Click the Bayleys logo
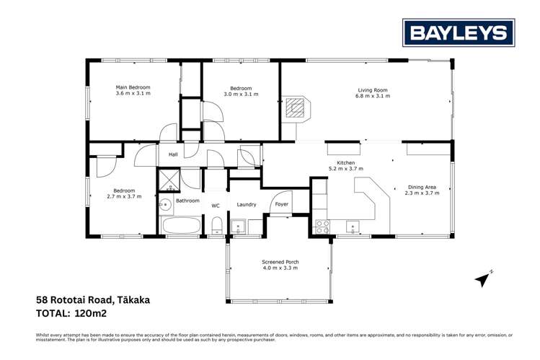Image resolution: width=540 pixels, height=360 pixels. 459,33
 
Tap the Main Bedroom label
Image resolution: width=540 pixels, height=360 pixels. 133,87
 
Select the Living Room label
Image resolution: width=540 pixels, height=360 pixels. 373,90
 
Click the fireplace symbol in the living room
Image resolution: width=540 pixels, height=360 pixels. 295,108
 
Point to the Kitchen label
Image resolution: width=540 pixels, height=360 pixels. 346,162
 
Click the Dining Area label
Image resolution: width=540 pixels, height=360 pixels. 422,187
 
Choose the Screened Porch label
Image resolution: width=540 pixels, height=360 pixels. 280,261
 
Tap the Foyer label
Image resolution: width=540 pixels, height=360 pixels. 282,204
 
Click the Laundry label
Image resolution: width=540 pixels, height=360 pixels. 247,204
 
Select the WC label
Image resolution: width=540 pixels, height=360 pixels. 215,205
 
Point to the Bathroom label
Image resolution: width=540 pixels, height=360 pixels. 187,201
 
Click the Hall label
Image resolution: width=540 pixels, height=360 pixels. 173,154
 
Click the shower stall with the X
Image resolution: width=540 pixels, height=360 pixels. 169,180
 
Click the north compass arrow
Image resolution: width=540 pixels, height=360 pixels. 482,277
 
